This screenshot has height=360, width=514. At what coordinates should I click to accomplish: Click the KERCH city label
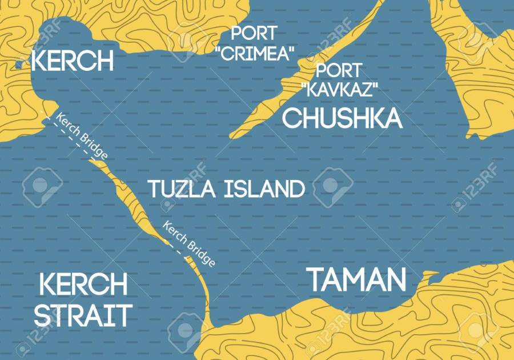(x=73, y=60)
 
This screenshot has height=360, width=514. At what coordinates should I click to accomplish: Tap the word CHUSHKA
(x=342, y=118)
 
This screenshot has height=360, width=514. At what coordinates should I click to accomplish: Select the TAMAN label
(x=358, y=281)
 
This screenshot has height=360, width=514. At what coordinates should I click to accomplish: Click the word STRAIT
(x=83, y=315)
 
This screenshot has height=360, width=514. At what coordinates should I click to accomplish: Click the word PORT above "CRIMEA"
(x=254, y=33)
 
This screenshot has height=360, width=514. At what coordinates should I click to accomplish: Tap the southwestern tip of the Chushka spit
(x=233, y=136)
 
